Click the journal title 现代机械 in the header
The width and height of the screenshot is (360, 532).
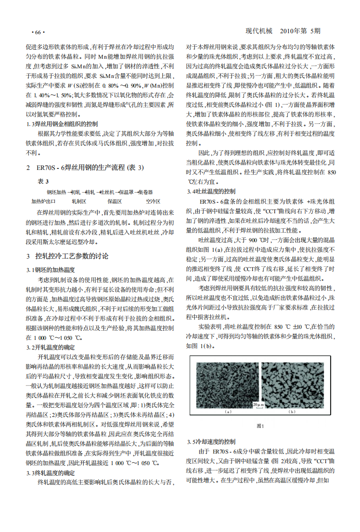click(x=259, y=31)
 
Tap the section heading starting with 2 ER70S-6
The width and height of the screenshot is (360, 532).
click(x=84, y=167)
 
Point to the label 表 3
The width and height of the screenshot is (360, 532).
click(x=43, y=182)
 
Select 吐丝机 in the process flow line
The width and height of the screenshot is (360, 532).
click(x=107, y=191)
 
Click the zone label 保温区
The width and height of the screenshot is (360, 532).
click(x=114, y=201)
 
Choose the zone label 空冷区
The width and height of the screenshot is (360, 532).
click(x=153, y=201)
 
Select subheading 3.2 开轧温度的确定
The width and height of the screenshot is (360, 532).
click(x=51, y=347)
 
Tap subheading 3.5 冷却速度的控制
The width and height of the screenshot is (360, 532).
click(x=211, y=441)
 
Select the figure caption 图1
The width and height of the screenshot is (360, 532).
click(x=260, y=426)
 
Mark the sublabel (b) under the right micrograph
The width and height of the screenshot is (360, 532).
click(x=291, y=412)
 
